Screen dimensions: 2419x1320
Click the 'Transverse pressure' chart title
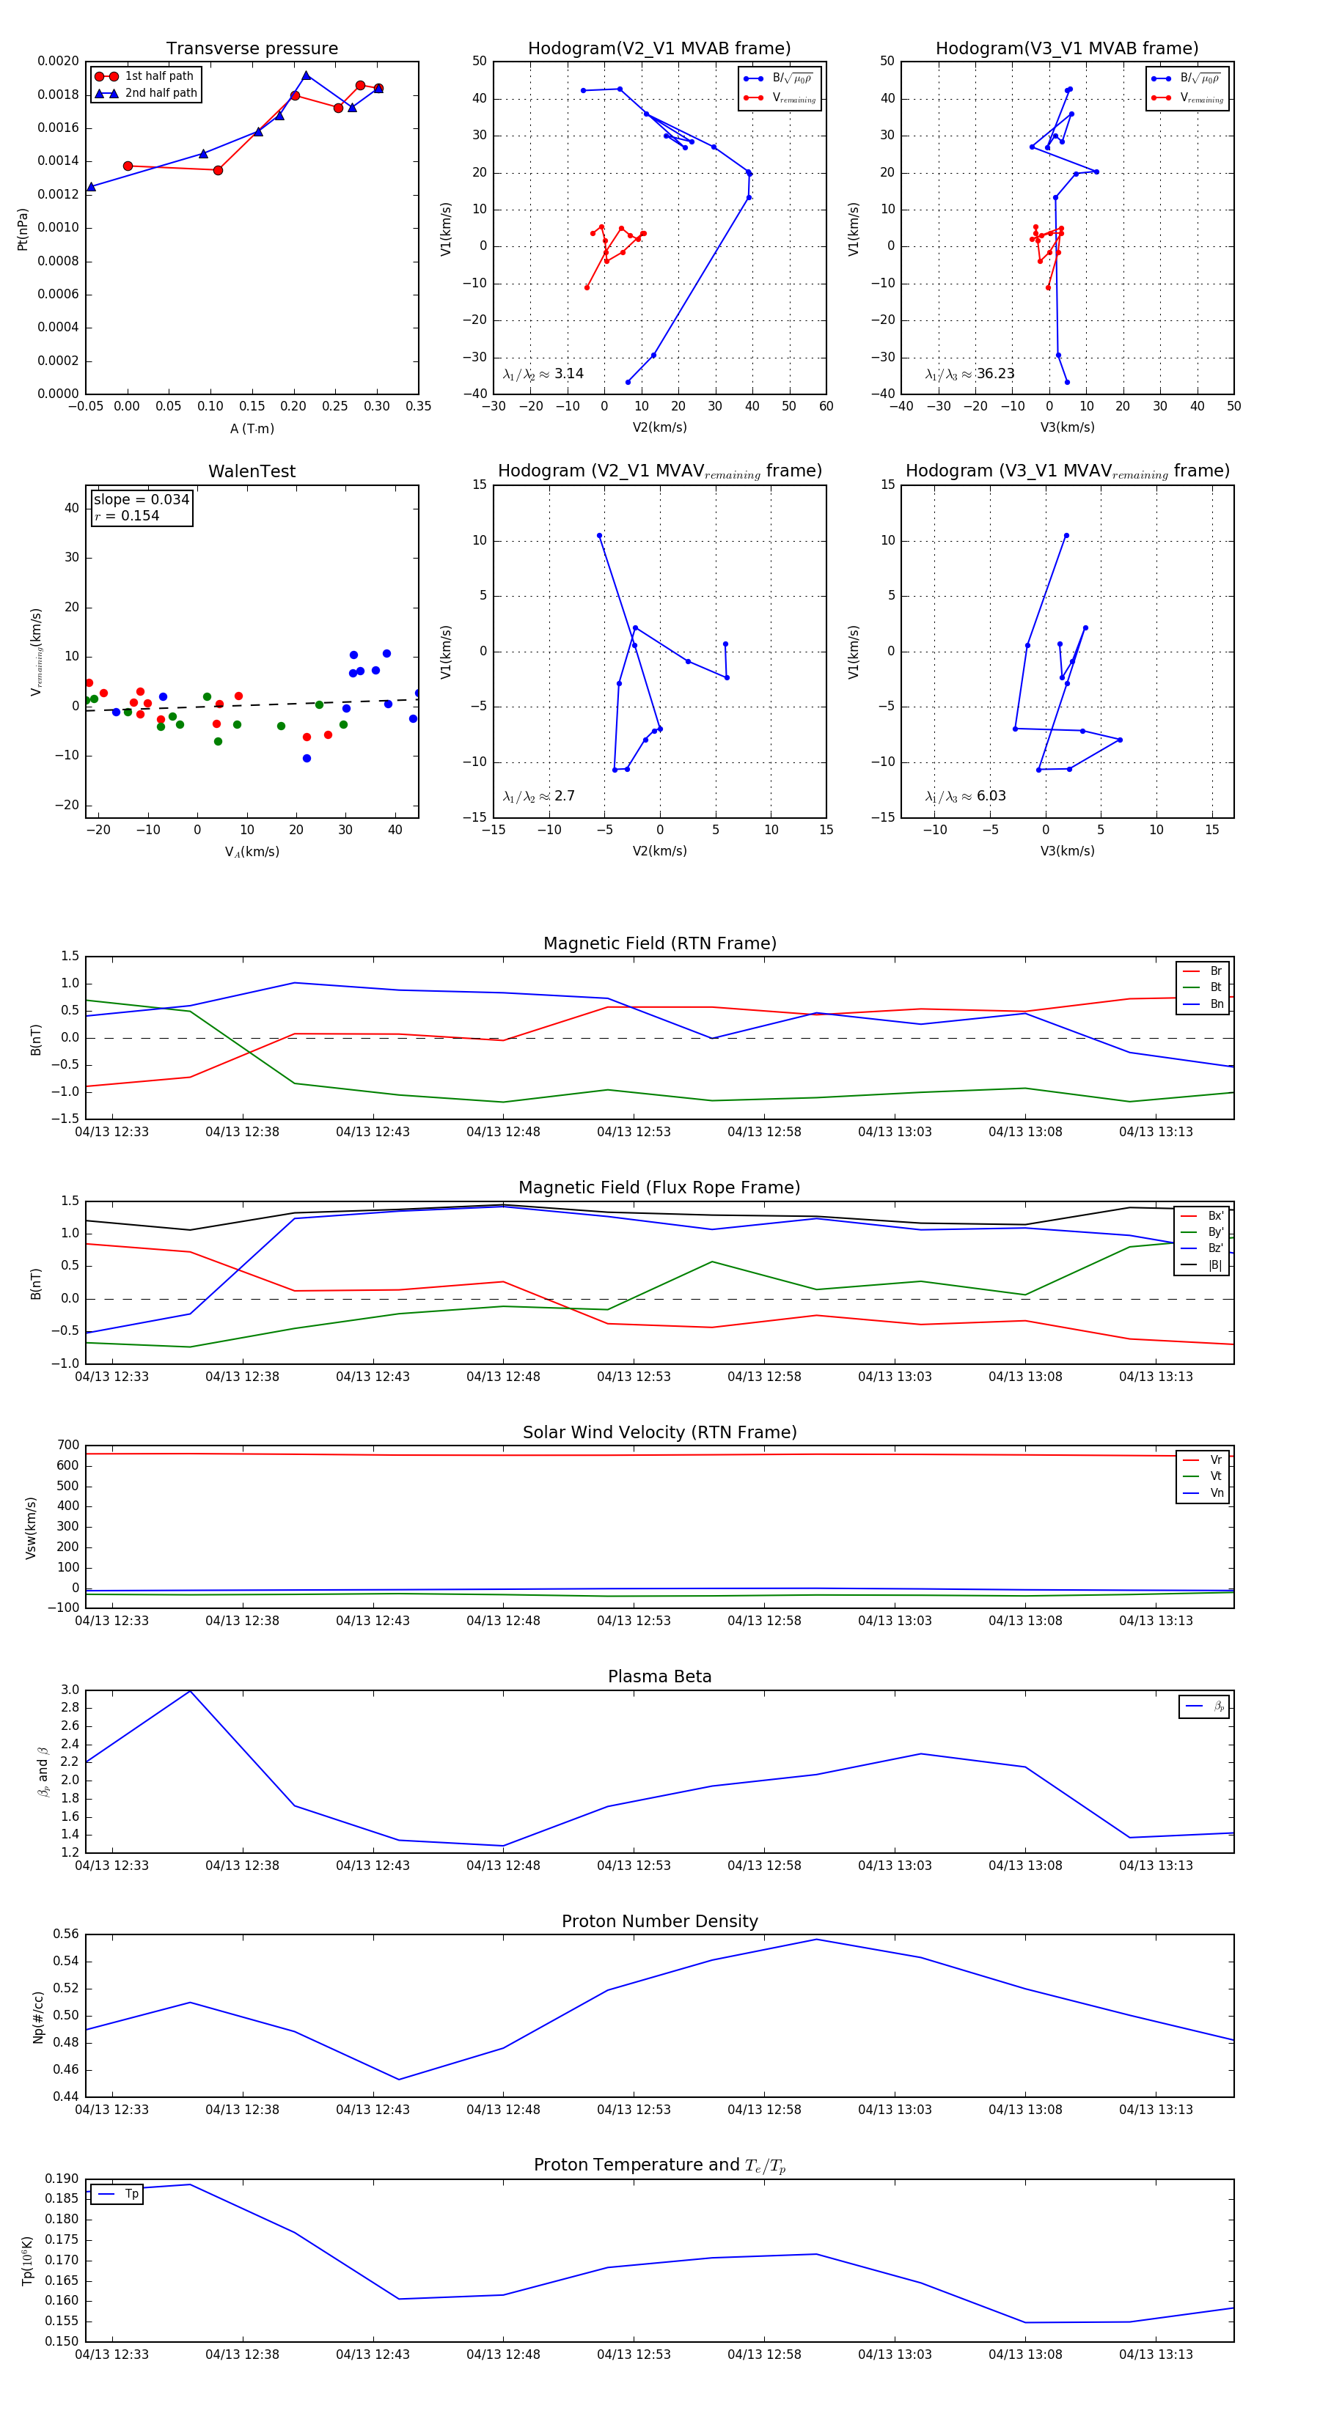pos(252,49)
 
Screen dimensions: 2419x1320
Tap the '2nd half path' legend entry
pos(161,93)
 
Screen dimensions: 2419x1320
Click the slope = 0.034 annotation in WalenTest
pos(141,500)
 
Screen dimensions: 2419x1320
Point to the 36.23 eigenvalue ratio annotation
pos(995,374)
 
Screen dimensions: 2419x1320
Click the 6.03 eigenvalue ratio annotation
pos(990,796)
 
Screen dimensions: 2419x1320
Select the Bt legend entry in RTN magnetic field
pos(1215,987)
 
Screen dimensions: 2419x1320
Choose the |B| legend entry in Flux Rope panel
pos(1215,1265)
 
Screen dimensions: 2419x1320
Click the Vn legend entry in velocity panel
pos(1217,1492)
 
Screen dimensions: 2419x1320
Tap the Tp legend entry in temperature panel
pos(131,2194)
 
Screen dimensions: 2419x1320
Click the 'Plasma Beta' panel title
pos(659,1676)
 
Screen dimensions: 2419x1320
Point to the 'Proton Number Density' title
pos(659,1921)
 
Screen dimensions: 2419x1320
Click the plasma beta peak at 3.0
pos(190,1691)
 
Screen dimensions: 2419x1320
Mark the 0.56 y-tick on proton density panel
pos(66,1934)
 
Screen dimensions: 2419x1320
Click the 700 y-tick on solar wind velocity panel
pos(67,1446)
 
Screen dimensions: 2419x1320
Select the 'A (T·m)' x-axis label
pos(252,428)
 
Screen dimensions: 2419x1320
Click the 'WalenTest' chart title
pos(252,471)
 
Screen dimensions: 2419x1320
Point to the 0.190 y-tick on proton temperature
pos(62,2179)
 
